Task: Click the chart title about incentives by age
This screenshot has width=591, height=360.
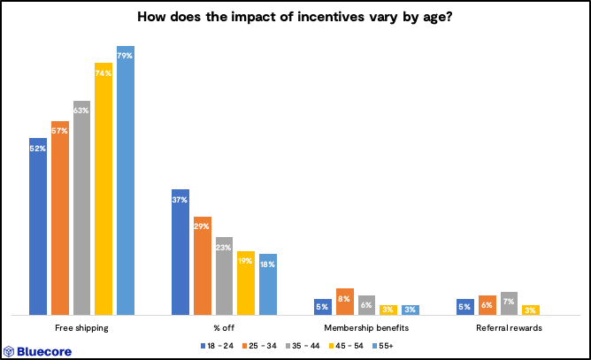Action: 295,17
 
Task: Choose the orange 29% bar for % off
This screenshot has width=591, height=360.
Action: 203,265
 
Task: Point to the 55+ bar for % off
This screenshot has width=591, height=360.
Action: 267,284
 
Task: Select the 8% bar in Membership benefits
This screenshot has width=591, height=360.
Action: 345,301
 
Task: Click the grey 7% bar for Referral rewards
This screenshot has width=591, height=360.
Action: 509,303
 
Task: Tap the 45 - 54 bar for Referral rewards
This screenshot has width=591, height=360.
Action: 531,310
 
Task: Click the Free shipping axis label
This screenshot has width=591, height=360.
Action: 81,328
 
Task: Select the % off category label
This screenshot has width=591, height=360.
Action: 224,328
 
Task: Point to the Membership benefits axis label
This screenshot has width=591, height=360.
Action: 366,328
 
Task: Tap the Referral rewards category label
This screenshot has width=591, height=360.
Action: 508,328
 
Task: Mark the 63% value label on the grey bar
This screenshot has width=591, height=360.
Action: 82,111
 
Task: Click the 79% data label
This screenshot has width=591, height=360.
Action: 126,56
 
